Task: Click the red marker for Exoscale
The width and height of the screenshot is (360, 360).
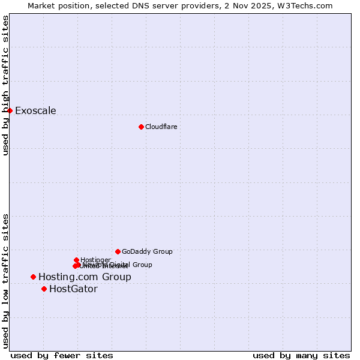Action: click(10, 110)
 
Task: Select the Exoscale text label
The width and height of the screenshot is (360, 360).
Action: click(35, 110)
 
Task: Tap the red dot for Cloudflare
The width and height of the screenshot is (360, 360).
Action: click(141, 127)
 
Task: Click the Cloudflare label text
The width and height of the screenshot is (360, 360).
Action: click(161, 127)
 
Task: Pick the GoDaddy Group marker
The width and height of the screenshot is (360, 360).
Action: click(118, 251)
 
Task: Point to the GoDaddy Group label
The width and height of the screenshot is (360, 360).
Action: click(147, 251)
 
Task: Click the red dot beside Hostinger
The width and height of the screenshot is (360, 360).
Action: click(76, 260)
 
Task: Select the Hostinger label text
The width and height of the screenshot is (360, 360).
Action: click(95, 260)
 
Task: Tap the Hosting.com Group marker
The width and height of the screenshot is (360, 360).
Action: click(33, 277)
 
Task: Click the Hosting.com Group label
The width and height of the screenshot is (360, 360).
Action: click(85, 277)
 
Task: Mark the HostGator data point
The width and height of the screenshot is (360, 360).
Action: click(44, 289)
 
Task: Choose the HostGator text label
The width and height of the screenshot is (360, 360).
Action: click(73, 289)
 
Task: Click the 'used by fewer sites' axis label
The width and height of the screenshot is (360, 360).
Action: click(62, 355)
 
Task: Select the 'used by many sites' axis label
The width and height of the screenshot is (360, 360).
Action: click(301, 355)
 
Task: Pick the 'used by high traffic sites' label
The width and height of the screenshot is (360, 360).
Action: click(5, 85)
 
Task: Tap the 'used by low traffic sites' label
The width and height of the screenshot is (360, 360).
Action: click(5, 281)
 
